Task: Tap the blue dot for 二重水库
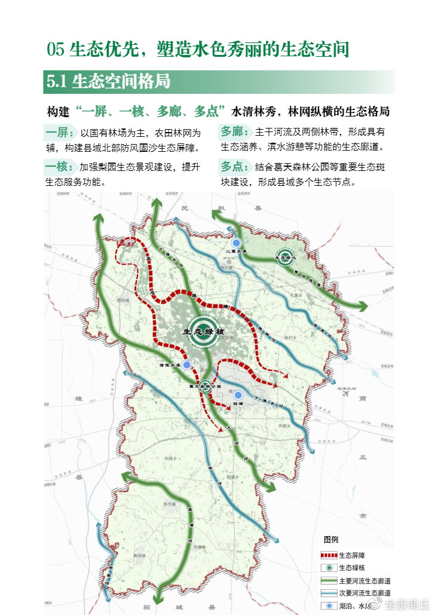tap(236, 243)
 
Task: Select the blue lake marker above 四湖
tap(238, 395)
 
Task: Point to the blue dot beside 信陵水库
tap(186, 365)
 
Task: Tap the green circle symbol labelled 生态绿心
tap(284, 257)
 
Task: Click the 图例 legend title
tap(331, 539)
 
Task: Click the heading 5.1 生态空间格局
tap(108, 82)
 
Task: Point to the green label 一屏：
tap(60, 133)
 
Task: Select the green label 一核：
tap(60, 167)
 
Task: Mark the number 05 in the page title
tap(56, 50)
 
